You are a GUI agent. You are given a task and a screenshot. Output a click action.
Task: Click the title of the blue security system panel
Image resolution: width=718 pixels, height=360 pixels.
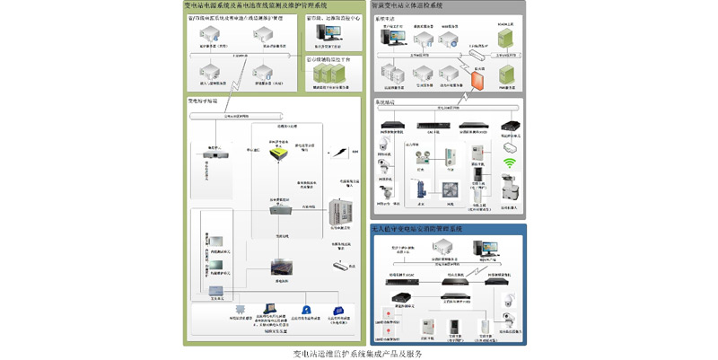[417, 231]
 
